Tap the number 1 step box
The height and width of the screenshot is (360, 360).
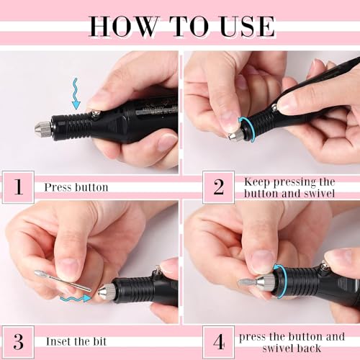pos(19,186)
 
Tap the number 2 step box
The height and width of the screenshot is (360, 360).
pos(218,186)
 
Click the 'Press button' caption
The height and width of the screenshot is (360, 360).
pos(76,187)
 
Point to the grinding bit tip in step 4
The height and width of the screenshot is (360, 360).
pos(248,282)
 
